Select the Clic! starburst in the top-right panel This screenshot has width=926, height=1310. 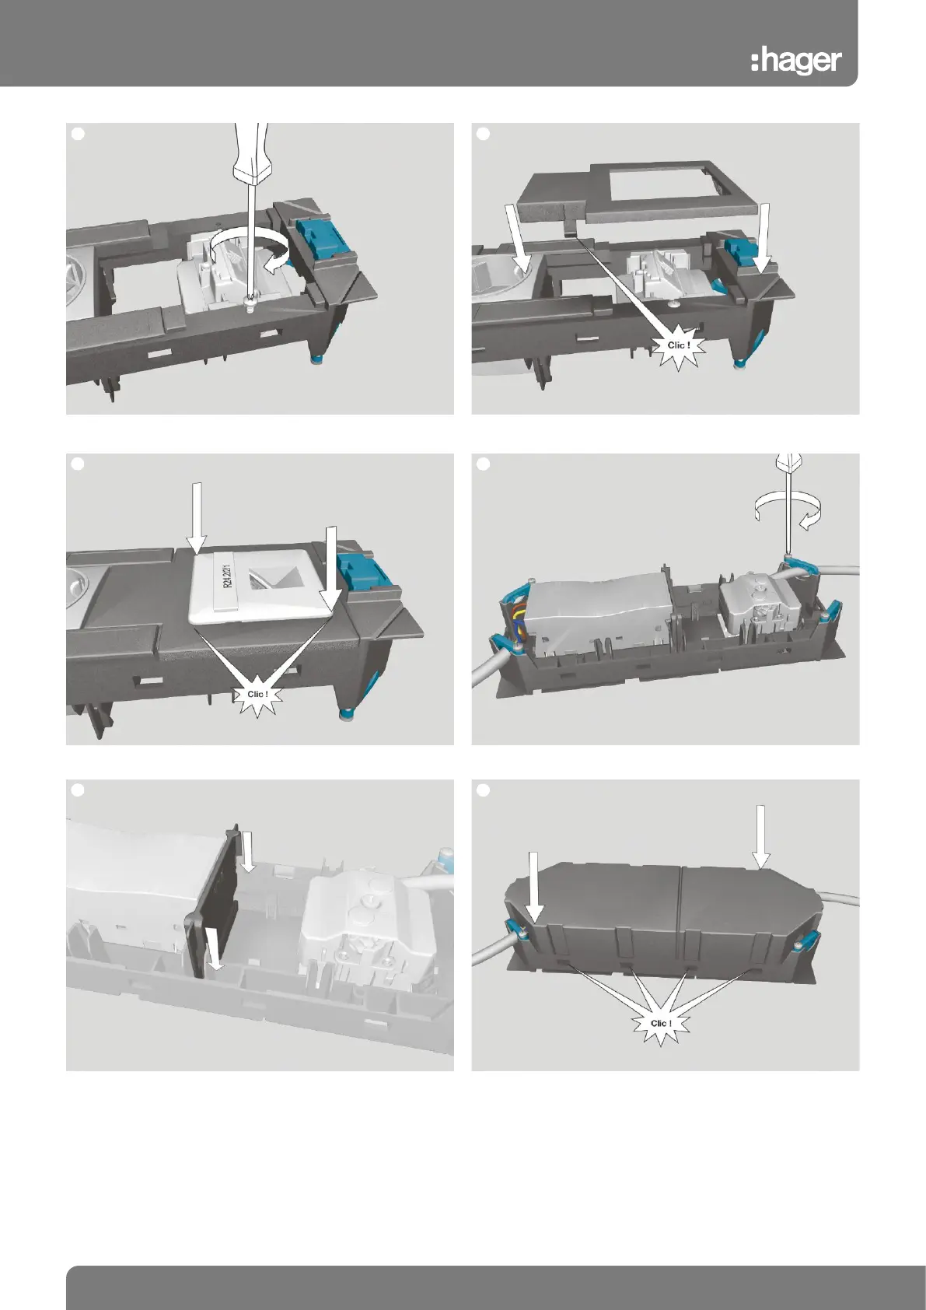pyautogui.click(x=678, y=345)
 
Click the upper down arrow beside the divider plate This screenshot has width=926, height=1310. pyautogui.click(x=249, y=852)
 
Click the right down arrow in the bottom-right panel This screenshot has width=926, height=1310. pyautogui.click(x=760, y=836)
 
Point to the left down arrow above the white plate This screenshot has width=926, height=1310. pyautogui.click(x=196, y=518)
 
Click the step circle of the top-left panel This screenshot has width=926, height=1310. pyautogui.click(x=78, y=134)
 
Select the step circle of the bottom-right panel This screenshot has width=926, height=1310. pyautogui.click(x=483, y=790)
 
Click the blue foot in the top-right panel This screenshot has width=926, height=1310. pyautogui.click(x=742, y=364)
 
